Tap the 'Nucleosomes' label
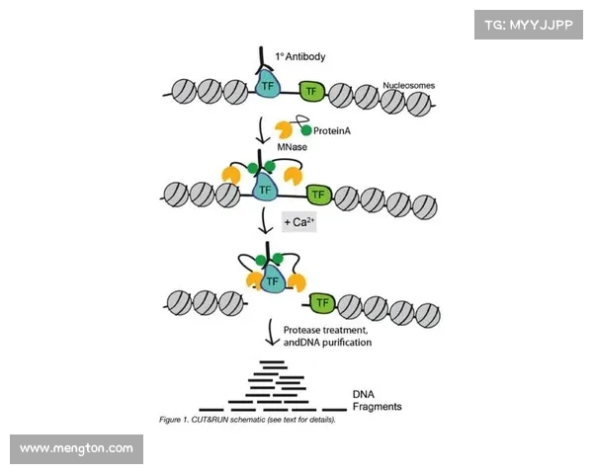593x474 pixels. tap(407, 85)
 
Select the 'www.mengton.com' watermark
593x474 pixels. tap(77, 449)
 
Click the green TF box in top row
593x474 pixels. tap(312, 92)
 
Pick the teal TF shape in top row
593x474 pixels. tap(267, 88)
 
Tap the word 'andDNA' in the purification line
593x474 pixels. tap(306, 342)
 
